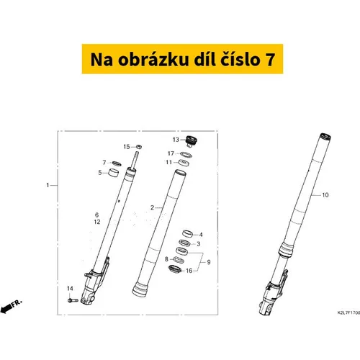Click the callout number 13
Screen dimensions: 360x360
tap(176, 140)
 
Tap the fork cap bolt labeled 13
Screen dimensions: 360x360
tap(192, 141)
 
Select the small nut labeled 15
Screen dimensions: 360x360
tap(139, 146)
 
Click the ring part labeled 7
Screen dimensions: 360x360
tap(117, 163)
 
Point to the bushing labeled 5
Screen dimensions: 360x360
tap(114, 173)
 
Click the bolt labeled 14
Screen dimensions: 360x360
tap(73, 300)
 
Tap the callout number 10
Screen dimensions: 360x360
tap(325, 195)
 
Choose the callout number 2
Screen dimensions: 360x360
tap(152, 207)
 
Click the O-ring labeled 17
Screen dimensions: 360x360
tap(186, 155)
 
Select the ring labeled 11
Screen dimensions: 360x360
tap(184, 163)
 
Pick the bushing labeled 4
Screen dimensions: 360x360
tap(188, 233)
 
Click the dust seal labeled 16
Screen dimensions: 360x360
tap(175, 269)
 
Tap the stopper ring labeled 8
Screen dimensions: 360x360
tap(178, 259)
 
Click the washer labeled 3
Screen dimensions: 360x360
tap(185, 243)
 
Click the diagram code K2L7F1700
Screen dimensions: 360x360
tap(348, 312)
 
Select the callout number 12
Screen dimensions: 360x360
tap(97, 222)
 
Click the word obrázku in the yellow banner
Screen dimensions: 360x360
tap(153, 60)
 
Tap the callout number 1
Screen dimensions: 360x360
tap(48, 185)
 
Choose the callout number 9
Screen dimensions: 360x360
tap(209, 262)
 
